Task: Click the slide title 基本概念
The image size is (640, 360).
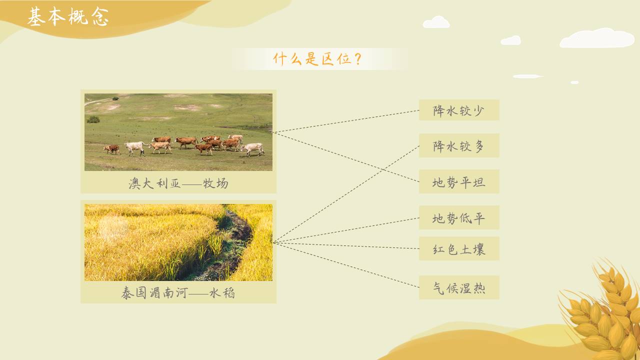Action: (x=67, y=17)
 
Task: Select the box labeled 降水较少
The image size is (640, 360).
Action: (x=459, y=110)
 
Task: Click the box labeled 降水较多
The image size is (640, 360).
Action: (x=459, y=145)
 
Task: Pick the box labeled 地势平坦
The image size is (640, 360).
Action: (x=459, y=181)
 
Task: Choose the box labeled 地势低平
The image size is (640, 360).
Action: (x=459, y=217)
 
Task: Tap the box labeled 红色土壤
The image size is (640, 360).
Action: (x=459, y=248)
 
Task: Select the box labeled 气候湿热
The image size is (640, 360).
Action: (x=459, y=287)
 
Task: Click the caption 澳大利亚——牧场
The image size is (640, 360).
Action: (x=178, y=183)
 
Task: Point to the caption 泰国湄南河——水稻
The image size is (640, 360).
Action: (x=178, y=292)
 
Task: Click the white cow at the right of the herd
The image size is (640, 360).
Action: (x=253, y=148)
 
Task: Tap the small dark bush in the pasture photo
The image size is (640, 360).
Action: (x=93, y=119)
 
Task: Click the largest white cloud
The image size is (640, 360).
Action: (x=597, y=39)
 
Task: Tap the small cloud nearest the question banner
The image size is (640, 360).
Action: (x=436, y=22)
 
